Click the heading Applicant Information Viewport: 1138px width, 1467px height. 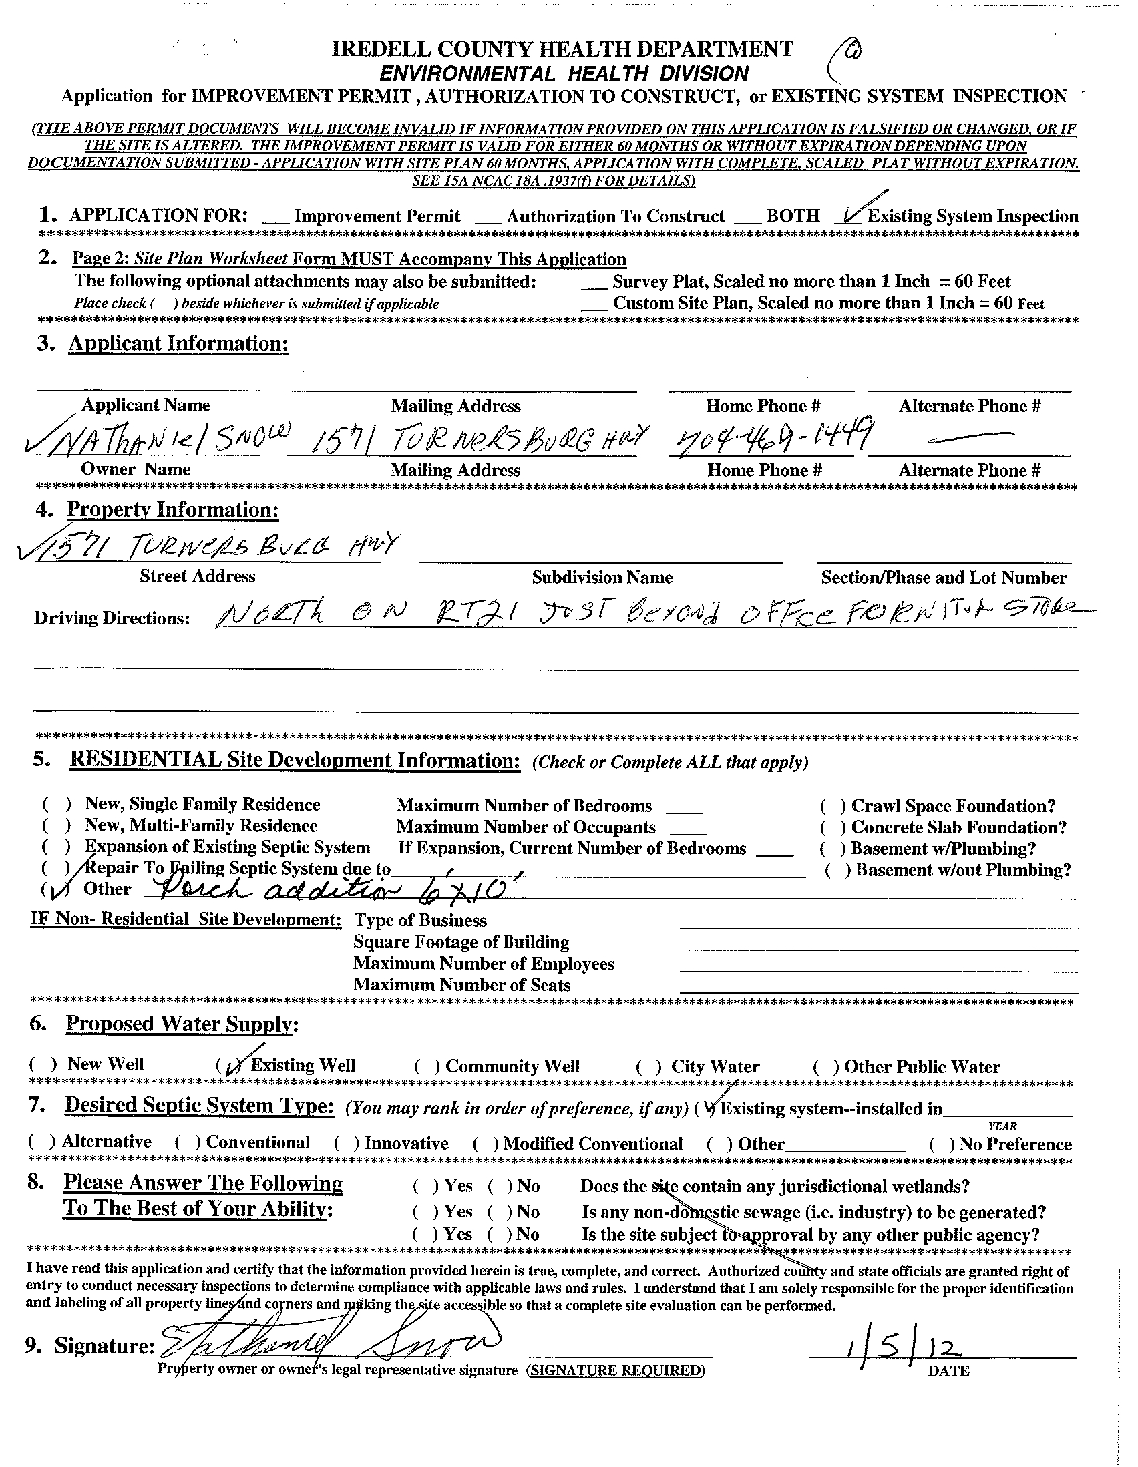[178, 344]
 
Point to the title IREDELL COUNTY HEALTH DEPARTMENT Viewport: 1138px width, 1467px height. [562, 49]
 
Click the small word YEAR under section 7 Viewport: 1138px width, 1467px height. [1002, 1126]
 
